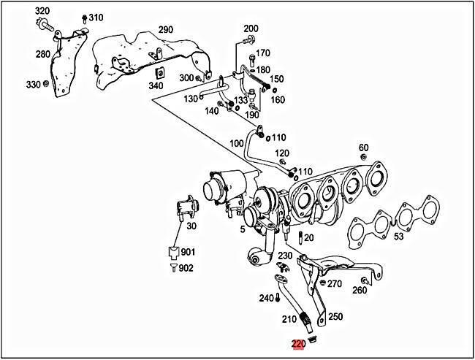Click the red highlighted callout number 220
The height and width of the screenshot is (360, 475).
point(298,344)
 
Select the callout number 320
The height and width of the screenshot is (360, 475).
point(42,11)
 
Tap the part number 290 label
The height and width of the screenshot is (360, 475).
point(165,30)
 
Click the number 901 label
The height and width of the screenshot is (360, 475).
point(189,252)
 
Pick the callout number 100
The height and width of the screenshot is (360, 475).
point(236,144)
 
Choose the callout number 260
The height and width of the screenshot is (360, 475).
point(359,291)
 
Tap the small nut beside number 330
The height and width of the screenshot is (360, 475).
point(46,85)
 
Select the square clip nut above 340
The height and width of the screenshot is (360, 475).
point(156,72)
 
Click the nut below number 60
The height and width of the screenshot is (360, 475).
point(363,158)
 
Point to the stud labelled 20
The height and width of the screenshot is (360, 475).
point(300,237)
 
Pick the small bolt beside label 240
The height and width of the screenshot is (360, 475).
point(279,298)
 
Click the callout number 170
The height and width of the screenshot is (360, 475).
point(262,53)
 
